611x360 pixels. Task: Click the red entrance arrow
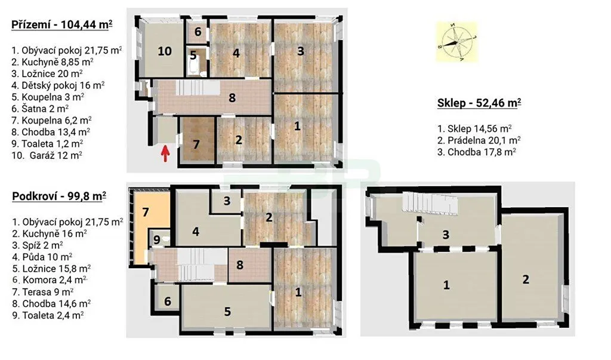point(166,153)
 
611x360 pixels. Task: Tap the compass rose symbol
point(456,41)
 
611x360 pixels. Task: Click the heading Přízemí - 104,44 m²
point(62,24)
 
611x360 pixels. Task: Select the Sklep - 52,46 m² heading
point(479,103)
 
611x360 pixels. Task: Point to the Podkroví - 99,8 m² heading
point(59,196)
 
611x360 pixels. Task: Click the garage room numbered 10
point(165,51)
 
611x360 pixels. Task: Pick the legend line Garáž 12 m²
point(47,155)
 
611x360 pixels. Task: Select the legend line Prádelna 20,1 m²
point(479,140)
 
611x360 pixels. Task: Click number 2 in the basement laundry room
point(526,279)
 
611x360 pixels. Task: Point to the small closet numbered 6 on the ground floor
point(198,32)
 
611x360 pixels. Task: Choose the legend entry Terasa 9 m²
point(43,292)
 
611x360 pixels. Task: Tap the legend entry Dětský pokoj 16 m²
point(58,85)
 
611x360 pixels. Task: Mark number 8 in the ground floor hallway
point(232,97)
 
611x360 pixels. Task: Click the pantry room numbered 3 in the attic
point(226,201)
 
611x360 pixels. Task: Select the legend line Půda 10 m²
point(42,257)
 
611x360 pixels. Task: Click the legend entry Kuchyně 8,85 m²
point(53,61)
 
